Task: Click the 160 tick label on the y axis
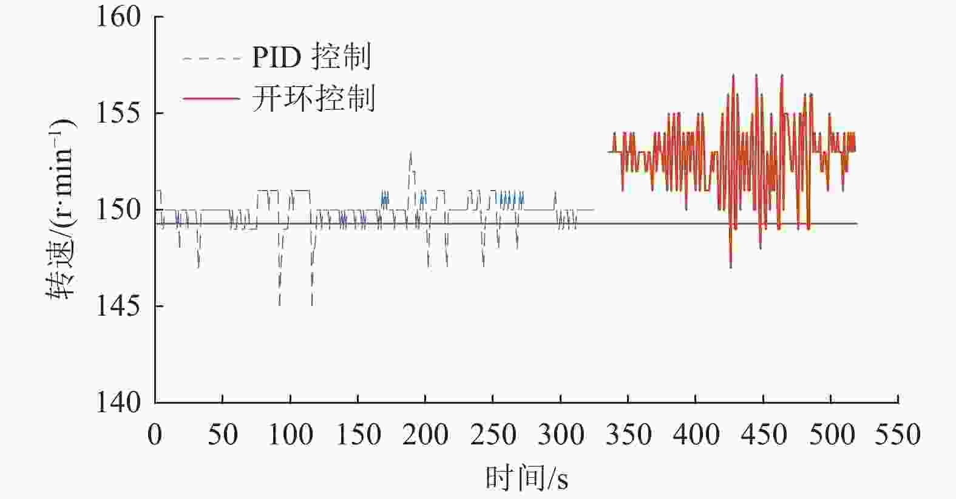tap(118, 17)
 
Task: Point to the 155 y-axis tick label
tap(118, 114)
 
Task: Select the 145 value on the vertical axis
tap(118, 307)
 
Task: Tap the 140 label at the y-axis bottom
tap(118, 402)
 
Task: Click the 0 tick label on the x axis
tap(155, 435)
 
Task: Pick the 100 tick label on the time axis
tap(290, 435)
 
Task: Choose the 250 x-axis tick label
tap(492, 435)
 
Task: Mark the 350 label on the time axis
tap(628, 435)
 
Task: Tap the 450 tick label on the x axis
tap(763, 435)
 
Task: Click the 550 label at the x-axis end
tap(898, 435)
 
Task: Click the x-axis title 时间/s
tap(526, 478)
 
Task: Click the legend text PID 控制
tap(311, 58)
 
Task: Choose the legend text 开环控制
tap(313, 98)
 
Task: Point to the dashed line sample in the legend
tap(211, 58)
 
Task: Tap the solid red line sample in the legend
tap(211, 98)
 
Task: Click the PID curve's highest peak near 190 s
tap(411, 152)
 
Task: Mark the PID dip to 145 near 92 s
tap(279, 304)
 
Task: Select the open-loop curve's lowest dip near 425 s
tap(730, 266)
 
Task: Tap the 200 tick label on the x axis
tap(425, 435)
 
